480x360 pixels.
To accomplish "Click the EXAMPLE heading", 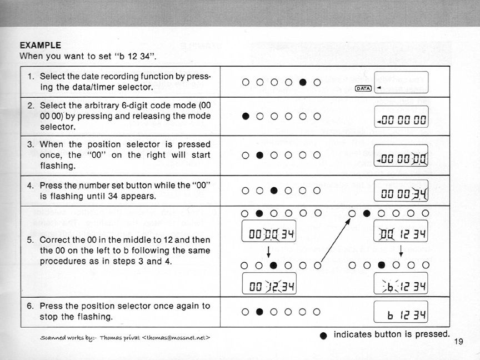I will (41, 44).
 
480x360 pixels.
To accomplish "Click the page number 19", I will (458, 342).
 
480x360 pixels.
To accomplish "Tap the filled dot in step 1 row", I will (303, 83).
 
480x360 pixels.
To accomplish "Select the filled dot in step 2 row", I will (246, 117).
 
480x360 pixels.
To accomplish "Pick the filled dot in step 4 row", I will (274, 191).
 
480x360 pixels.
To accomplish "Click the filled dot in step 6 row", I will (259, 311).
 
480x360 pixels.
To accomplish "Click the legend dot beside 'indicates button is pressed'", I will (324, 335).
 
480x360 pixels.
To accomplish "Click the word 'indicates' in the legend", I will (352, 334).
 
